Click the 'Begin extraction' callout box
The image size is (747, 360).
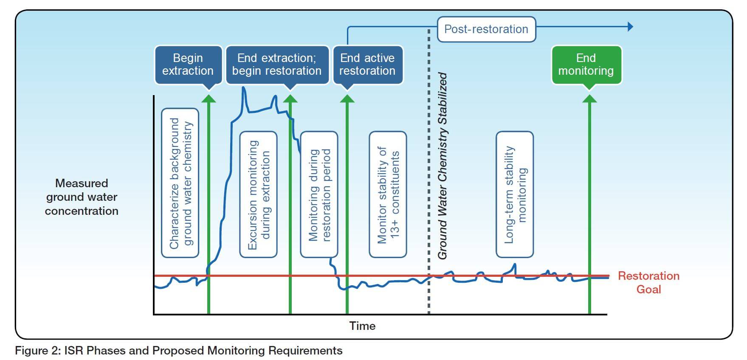point(188,65)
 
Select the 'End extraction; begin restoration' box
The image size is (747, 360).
point(277,65)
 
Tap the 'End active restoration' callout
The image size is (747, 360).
point(367,65)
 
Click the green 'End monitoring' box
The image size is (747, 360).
point(586,65)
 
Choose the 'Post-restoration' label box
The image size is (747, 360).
point(486,29)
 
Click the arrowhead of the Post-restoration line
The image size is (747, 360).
point(630,27)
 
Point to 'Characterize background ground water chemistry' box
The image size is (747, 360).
point(180,183)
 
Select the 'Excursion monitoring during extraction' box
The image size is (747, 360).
point(259,194)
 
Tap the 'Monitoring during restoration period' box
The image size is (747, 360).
point(319,194)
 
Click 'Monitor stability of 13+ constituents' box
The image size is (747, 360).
point(388,194)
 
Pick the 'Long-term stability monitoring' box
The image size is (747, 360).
point(515,194)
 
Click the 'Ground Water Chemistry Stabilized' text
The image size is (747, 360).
point(443,166)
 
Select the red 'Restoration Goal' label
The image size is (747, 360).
point(648,282)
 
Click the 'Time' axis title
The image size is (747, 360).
point(362,326)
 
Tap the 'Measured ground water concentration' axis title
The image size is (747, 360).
point(82,197)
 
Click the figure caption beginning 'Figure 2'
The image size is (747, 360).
point(178,351)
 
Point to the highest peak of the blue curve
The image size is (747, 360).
point(244,88)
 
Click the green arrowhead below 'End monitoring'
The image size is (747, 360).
point(589,98)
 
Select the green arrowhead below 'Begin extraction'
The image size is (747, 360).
point(209,98)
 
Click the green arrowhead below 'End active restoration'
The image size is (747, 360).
point(347,98)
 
